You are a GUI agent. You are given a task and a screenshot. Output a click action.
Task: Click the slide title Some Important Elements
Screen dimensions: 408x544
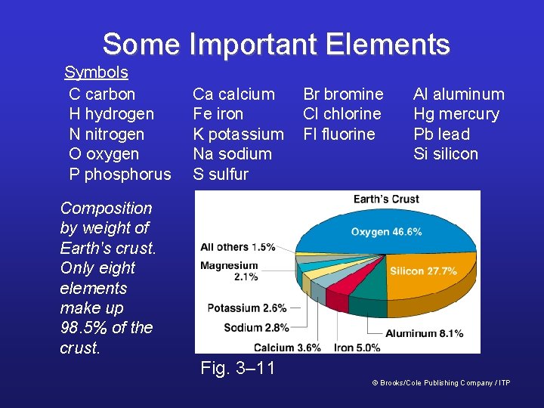pos(276,45)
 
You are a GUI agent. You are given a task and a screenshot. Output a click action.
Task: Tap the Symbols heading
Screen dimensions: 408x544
pos(96,73)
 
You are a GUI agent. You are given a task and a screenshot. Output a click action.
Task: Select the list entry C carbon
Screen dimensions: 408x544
pos(102,94)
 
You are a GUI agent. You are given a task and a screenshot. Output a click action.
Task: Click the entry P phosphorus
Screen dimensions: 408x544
pos(120,174)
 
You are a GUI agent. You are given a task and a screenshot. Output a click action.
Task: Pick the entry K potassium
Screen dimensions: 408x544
pos(238,134)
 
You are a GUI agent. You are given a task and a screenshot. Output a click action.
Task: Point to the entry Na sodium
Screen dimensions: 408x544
pos(232,154)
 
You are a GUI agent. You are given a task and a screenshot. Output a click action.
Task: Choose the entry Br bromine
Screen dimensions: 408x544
pos(343,94)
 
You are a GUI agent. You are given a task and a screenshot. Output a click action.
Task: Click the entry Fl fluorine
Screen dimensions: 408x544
pos(338,134)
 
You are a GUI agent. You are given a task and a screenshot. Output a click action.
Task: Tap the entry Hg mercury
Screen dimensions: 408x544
pos(456,114)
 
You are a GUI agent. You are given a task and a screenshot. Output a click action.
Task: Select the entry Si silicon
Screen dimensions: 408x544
pos(446,154)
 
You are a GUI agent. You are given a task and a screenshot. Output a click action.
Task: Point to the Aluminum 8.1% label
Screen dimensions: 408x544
pos(424,333)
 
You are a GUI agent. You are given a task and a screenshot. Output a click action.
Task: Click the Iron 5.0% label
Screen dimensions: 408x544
pos(358,348)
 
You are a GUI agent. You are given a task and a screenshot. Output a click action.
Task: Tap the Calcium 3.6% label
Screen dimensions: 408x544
pos(287,348)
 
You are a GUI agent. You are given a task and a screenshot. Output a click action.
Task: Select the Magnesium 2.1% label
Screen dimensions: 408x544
pos(229,271)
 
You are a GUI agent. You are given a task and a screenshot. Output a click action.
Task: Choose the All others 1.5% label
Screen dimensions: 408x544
pos(237,247)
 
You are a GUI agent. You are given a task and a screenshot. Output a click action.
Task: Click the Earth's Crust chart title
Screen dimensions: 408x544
pos(386,199)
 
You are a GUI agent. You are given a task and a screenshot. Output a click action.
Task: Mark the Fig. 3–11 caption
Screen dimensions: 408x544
pos(237,369)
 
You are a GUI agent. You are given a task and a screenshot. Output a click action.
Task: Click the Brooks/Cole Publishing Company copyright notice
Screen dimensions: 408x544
pos(441,383)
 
